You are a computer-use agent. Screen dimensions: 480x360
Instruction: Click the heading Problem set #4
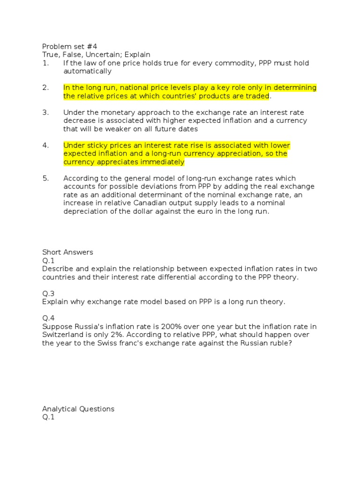[65, 46]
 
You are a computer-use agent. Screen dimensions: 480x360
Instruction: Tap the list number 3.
[45, 112]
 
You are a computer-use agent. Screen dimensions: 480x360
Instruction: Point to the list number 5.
[45, 178]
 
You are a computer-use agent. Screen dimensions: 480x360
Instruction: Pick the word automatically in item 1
[88, 72]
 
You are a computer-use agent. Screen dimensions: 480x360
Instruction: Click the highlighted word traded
[257, 96]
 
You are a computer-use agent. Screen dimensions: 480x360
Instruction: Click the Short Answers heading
[67, 252]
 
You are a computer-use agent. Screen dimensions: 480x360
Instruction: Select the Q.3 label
[48, 293]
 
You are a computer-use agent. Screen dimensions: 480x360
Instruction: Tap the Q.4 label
[48, 318]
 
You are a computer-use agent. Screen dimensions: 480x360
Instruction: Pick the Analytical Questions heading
[78, 409]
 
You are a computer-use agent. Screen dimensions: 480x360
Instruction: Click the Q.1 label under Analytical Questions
[48, 417]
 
